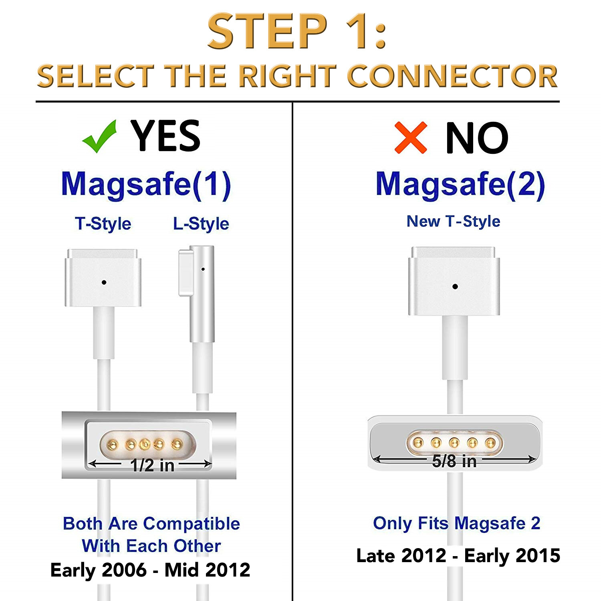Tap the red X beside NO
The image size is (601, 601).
(x=411, y=138)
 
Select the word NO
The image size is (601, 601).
(x=477, y=138)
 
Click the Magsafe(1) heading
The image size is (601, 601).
(x=146, y=185)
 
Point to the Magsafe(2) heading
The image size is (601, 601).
(x=460, y=185)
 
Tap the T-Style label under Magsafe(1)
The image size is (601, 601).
(x=103, y=224)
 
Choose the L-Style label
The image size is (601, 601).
(x=201, y=224)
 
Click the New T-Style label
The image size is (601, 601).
(x=454, y=221)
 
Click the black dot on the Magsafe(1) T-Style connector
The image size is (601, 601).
(x=104, y=282)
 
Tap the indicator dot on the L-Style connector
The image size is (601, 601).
(x=203, y=269)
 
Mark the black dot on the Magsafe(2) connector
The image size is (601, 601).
(x=455, y=286)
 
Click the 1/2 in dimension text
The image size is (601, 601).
(x=152, y=466)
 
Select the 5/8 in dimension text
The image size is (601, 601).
(x=454, y=461)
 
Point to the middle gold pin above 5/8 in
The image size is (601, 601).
(x=454, y=443)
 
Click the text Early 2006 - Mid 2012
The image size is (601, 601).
(x=150, y=570)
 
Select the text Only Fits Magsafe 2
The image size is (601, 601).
(x=457, y=523)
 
